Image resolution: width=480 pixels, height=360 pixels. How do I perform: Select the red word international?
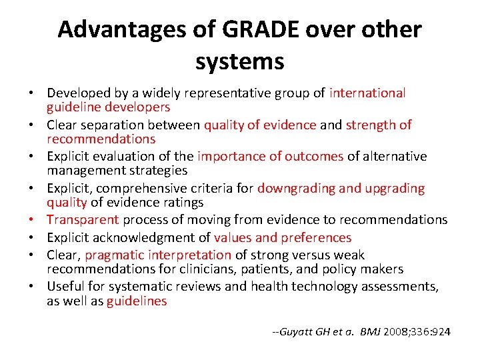367,93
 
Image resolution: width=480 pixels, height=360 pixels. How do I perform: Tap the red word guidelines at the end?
137,301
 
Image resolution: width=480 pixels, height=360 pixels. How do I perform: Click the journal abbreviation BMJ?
370,331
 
